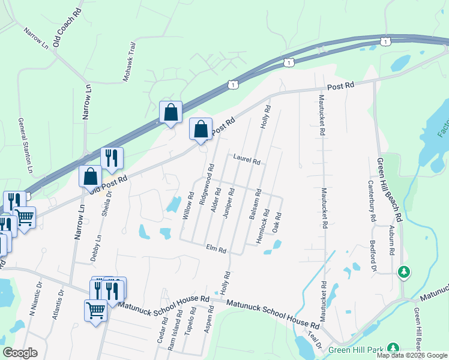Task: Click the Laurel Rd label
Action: tap(246, 159)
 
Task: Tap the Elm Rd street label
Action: tap(215, 248)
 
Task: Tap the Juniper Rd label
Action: tap(226, 204)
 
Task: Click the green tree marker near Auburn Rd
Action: tap(404, 273)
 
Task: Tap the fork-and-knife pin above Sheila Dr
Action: tap(112, 158)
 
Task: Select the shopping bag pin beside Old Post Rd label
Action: tap(90, 177)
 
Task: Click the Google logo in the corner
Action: tap(20, 352)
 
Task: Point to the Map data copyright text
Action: tap(412, 355)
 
